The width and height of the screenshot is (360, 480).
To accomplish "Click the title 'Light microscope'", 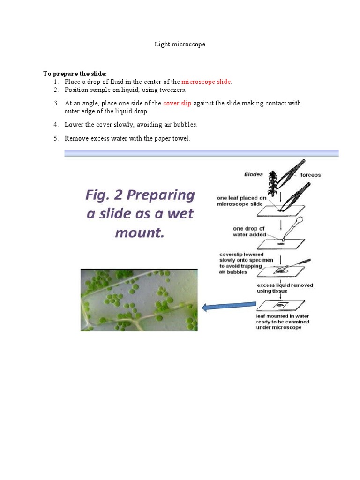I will (180, 45).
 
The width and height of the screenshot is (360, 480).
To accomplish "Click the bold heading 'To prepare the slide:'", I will (75, 74).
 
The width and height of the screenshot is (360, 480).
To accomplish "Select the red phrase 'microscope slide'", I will (206, 82).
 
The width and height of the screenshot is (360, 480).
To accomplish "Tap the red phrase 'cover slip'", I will (177, 103).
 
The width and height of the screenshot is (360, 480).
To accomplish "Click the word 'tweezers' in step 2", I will (172, 90).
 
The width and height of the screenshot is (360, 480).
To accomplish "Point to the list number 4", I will (56, 125).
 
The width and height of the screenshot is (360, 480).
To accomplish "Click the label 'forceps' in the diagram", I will (310, 175).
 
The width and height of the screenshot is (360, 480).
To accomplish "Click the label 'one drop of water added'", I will (249, 232).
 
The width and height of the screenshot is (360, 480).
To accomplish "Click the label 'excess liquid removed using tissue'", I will (285, 288).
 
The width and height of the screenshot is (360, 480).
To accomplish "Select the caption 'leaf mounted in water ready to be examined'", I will (283, 322).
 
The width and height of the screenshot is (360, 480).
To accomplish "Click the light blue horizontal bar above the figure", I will (201, 153).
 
